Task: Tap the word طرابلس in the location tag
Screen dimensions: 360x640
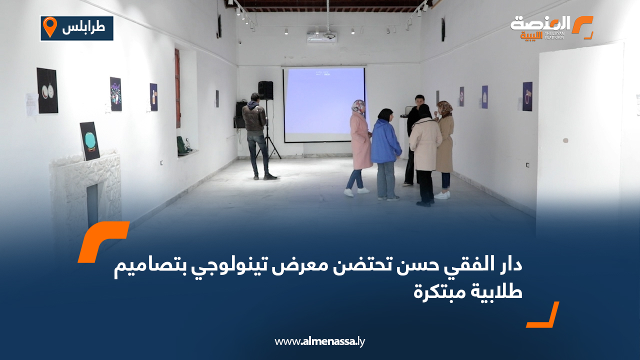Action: tap(84, 28)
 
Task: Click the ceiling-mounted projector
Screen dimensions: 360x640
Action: tap(321, 37)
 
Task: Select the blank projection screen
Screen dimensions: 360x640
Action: tap(324, 104)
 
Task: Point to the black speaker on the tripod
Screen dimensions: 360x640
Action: tap(265, 90)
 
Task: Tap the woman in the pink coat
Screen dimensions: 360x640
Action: tap(360, 147)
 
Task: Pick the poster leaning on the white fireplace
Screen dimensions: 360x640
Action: tap(90, 141)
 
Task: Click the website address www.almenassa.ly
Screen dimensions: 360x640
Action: tap(320, 342)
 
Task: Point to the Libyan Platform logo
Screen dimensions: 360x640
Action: tap(550, 27)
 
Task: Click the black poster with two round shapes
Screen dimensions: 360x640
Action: tap(47, 90)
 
